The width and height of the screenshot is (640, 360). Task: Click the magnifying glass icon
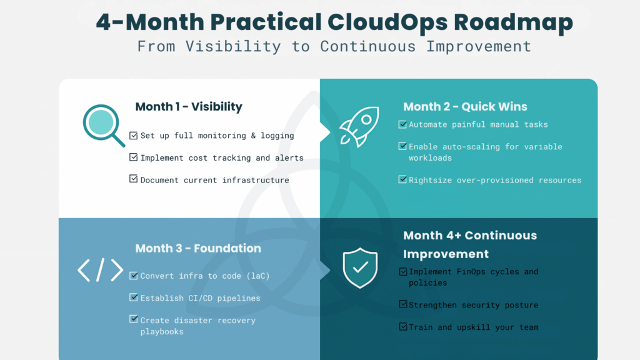(x=102, y=123)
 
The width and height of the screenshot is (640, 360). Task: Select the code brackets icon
(x=100, y=270)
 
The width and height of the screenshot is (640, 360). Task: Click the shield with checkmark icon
(x=360, y=267)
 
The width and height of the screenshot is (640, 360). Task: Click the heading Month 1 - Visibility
(x=188, y=107)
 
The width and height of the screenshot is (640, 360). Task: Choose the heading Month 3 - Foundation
(x=198, y=248)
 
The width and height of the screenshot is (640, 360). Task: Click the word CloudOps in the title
(x=386, y=22)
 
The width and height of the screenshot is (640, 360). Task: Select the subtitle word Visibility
(x=241, y=46)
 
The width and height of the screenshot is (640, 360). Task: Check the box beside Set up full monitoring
(x=133, y=135)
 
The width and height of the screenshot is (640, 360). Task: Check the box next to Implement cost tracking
(x=133, y=157)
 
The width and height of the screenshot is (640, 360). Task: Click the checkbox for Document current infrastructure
(x=133, y=179)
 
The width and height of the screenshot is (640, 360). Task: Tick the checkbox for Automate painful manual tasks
(x=402, y=124)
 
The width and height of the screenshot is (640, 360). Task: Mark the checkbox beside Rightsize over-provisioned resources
(x=402, y=179)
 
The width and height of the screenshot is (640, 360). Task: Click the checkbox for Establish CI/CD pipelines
(x=133, y=297)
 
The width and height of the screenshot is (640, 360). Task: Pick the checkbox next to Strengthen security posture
(x=402, y=304)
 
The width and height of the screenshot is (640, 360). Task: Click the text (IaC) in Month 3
(x=257, y=276)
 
